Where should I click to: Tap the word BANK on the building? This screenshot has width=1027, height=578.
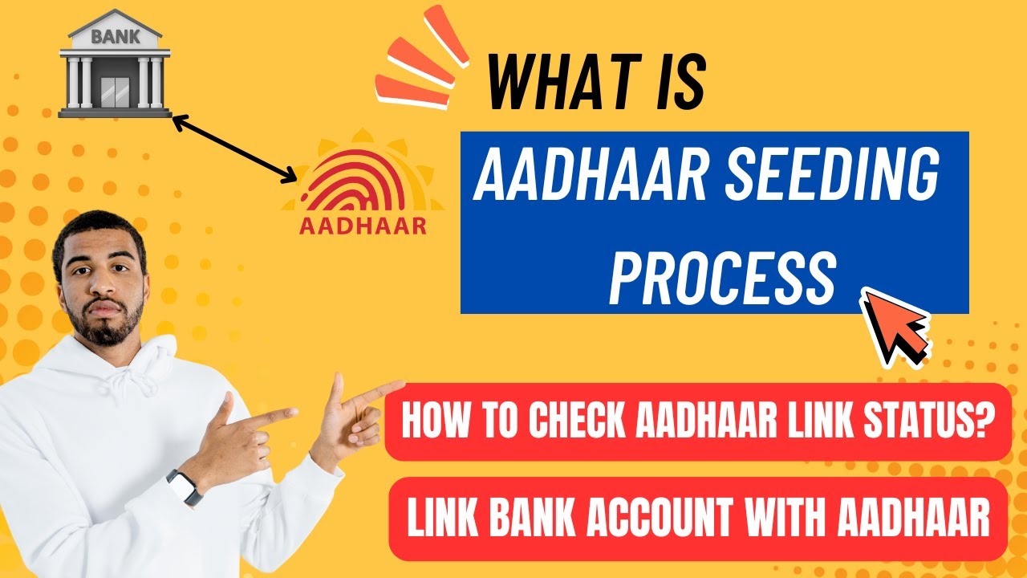[x=115, y=36]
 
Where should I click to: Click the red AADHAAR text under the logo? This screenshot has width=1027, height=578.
[x=363, y=226]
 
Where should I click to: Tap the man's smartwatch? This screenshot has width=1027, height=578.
[x=184, y=486]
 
